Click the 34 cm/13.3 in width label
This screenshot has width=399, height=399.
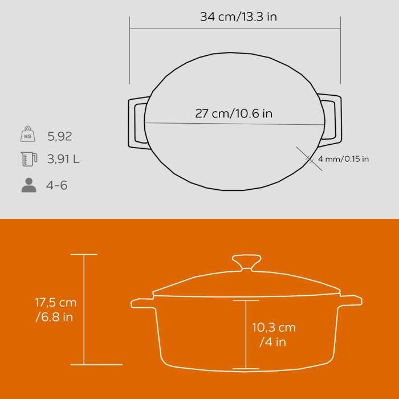point(238,17)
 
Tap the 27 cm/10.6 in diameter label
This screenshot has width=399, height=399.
point(234,113)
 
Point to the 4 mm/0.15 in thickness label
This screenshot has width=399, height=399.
point(343,159)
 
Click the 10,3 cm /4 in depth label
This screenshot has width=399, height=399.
point(274,335)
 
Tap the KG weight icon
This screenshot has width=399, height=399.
point(28,136)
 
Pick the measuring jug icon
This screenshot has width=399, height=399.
point(28,160)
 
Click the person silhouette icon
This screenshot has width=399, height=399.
point(28,185)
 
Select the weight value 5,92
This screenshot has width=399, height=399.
point(60,136)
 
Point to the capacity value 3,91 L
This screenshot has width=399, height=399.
point(64,160)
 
